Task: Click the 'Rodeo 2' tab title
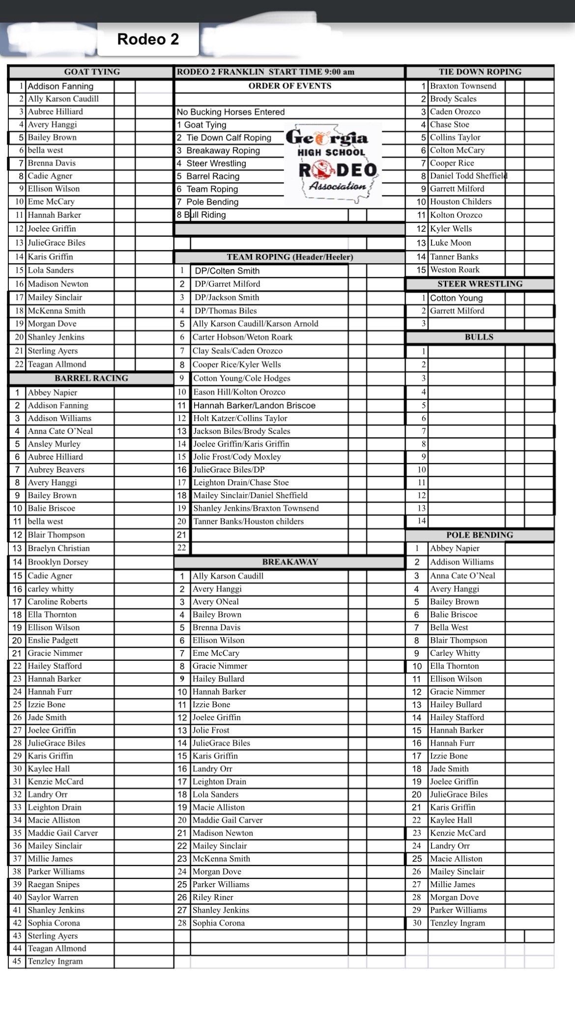coord(148,39)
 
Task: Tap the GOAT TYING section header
coord(92,72)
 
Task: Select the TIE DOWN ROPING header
coord(480,72)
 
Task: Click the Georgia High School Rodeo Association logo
coord(332,163)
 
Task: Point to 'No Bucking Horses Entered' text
coord(230,112)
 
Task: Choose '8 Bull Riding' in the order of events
coord(201,215)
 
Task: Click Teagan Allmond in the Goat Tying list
coord(57,364)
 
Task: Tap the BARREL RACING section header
coord(91,378)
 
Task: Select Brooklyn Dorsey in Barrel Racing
coord(58,562)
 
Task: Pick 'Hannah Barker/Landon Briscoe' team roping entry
coord(254,405)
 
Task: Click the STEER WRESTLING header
coord(479,284)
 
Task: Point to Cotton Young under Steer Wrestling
coord(456,298)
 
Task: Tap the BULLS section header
coord(479,337)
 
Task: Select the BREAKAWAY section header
coord(290,562)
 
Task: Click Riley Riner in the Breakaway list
coord(213,897)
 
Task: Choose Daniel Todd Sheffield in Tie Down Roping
coord(468,176)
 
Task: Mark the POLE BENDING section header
coord(479,535)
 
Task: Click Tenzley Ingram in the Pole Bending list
coord(457,923)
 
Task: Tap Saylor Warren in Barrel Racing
coord(53,897)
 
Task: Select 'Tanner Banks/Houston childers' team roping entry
coord(248,521)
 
